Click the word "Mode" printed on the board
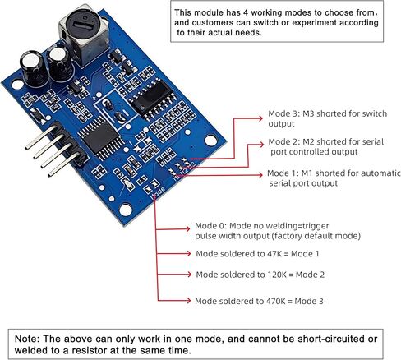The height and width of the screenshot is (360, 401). point(158,192)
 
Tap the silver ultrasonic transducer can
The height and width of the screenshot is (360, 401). point(84,35)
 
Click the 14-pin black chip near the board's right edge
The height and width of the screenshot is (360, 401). point(152,98)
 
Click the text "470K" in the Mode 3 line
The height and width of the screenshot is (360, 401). point(275,302)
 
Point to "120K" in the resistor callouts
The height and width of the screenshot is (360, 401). point(277,275)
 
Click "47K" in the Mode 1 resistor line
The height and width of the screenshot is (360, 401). point(274,254)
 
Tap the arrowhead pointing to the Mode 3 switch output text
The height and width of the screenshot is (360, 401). point(260,118)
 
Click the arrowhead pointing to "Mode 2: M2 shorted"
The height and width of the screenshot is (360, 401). point(261,145)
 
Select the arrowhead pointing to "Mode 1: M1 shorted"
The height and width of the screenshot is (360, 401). point(260,175)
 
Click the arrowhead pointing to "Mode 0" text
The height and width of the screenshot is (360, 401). point(187,228)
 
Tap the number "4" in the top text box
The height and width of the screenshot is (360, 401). point(245,12)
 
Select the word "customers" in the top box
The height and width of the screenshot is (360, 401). point(213,23)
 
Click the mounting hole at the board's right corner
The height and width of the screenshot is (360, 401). point(210,141)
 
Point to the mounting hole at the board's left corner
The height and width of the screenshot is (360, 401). point(17,85)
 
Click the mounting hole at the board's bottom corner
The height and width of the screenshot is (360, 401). point(126,210)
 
